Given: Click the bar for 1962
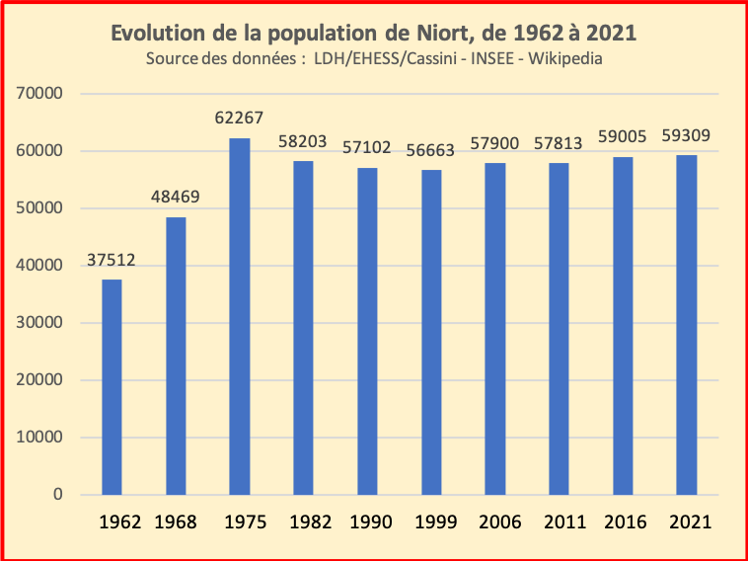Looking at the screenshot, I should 112,387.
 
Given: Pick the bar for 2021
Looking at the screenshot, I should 687,325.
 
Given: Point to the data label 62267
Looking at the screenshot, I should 240,119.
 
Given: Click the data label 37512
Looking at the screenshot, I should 112,261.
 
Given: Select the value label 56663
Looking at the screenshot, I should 431,151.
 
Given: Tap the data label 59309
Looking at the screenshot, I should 687,135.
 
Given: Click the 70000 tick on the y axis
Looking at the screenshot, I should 40,94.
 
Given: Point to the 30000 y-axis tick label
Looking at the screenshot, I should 40,323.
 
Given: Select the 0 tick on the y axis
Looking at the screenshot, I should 58,495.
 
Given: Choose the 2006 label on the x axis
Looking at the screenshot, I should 496,521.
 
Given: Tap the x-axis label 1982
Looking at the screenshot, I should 303,521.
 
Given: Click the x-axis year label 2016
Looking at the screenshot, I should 624,521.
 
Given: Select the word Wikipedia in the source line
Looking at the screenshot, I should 565,58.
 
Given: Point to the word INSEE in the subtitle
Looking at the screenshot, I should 491,58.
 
